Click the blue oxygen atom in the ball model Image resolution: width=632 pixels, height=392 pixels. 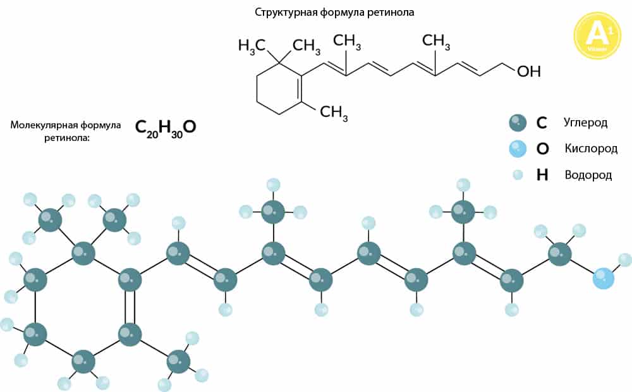click(x=604, y=278)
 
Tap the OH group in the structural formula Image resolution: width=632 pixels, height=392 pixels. click(x=529, y=71)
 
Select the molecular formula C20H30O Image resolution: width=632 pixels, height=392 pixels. click(x=166, y=128)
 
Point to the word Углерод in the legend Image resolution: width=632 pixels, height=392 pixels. click(x=586, y=122)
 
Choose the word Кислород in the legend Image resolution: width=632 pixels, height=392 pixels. click(x=591, y=149)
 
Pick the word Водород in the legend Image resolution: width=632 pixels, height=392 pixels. click(x=588, y=175)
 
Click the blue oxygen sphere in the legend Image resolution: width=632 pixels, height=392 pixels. click(x=518, y=149)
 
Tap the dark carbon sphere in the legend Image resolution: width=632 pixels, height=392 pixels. click(x=518, y=122)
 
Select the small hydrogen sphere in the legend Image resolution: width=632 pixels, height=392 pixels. click(x=518, y=175)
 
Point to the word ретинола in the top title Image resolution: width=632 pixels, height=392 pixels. click(x=392, y=12)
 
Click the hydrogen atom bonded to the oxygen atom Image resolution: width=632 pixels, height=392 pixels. click(x=624, y=259)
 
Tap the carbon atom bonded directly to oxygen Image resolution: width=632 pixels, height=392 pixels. click(x=559, y=254)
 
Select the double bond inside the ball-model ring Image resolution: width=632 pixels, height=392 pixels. click(x=130, y=306)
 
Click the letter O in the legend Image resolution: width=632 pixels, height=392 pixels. click(x=542, y=149)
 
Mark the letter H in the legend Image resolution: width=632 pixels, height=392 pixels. click(x=542, y=175)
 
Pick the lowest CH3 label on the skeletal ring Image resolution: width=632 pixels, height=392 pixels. click(x=334, y=113)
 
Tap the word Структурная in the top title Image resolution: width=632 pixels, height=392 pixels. click(x=283, y=12)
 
